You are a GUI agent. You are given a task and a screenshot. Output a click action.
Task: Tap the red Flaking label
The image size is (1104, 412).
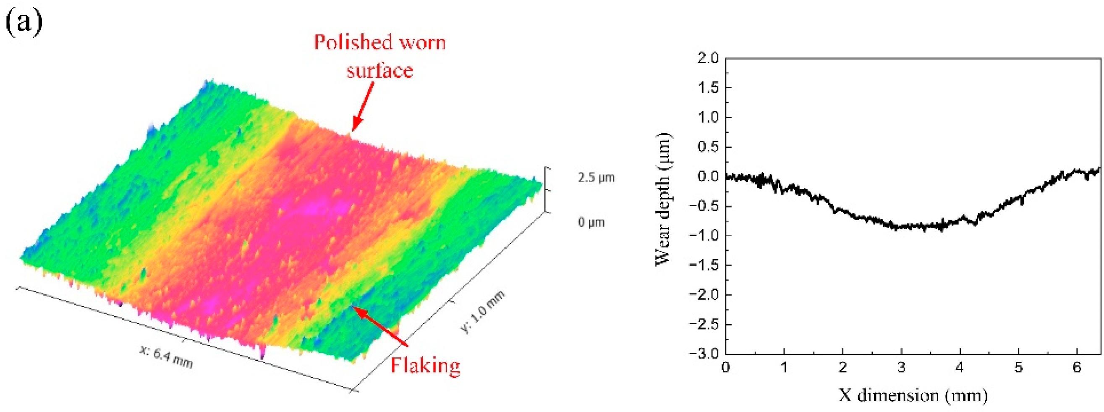click(425, 366)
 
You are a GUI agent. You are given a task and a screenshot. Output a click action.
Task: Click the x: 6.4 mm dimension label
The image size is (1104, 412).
click(166, 357)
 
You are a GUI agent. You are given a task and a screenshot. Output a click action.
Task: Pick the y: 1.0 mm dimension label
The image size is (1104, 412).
click(483, 311)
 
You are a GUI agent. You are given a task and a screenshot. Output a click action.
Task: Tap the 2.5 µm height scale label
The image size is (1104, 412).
click(596, 177)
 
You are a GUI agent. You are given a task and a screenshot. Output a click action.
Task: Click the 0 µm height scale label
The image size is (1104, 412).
click(591, 222)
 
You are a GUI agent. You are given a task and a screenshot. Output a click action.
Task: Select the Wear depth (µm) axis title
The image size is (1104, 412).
click(663, 199)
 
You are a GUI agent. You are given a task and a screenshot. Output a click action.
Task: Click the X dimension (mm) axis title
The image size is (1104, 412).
click(913, 395)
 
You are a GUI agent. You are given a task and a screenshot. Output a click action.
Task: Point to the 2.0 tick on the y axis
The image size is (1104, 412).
click(708, 58)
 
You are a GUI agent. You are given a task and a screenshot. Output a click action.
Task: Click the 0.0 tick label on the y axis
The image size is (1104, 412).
click(708, 176)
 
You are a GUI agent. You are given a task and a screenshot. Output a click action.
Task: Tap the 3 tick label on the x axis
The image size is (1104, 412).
click(901, 367)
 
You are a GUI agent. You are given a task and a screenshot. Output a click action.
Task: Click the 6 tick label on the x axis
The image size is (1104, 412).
click(1077, 367)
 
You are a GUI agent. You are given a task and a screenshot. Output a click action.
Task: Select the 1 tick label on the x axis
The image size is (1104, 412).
click(784, 367)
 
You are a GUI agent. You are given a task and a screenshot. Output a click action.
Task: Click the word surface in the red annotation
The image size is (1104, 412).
click(380, 70)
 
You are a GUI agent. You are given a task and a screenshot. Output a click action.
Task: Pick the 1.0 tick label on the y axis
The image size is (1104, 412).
click(708, 117)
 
